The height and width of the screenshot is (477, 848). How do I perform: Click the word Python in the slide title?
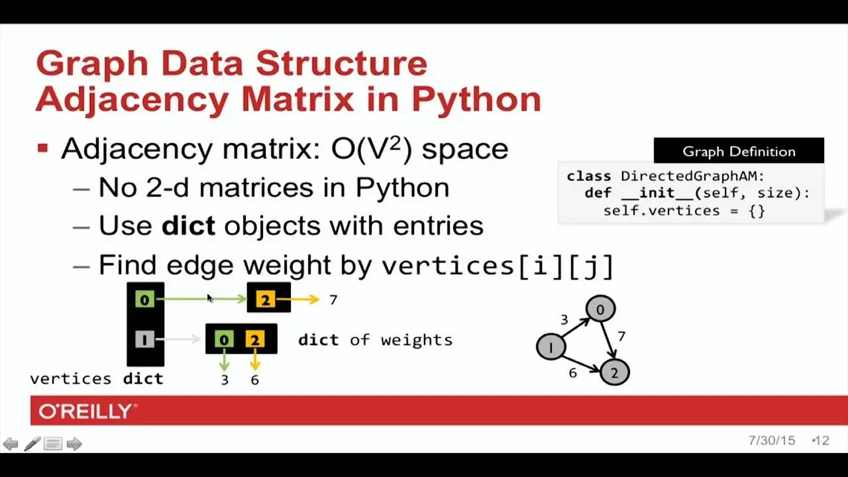[476, 100]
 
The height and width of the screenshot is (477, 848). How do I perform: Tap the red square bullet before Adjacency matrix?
[43, 148]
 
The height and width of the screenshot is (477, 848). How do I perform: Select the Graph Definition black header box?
[739, 150]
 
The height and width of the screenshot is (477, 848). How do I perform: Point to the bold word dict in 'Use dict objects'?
[188, 226]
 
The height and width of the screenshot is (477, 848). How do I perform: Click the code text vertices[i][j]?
[498, 266]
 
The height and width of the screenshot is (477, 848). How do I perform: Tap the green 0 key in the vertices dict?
[144, 299]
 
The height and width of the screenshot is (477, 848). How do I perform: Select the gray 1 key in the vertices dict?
[144, 339]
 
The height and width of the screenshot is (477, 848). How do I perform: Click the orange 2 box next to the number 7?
[266, 299]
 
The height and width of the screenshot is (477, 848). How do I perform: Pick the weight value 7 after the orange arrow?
[333, 300]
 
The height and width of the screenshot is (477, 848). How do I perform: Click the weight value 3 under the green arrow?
[225, 380]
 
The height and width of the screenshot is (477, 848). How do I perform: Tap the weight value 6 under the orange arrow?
[255, 380]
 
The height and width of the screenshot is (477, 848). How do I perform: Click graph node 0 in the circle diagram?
[600, 309]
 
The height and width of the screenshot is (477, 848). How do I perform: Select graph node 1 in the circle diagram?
[551, 346]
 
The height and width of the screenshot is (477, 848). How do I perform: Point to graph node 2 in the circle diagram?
[615, 372]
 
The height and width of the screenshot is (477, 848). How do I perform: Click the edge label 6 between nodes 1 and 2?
[573, 373]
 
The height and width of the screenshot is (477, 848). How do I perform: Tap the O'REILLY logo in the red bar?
[88, 411]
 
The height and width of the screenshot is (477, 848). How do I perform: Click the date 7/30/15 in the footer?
[772, 441]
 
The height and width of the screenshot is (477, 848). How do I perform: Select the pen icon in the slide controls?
[32, 444]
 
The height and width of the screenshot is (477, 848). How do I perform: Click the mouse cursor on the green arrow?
[210, 298]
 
